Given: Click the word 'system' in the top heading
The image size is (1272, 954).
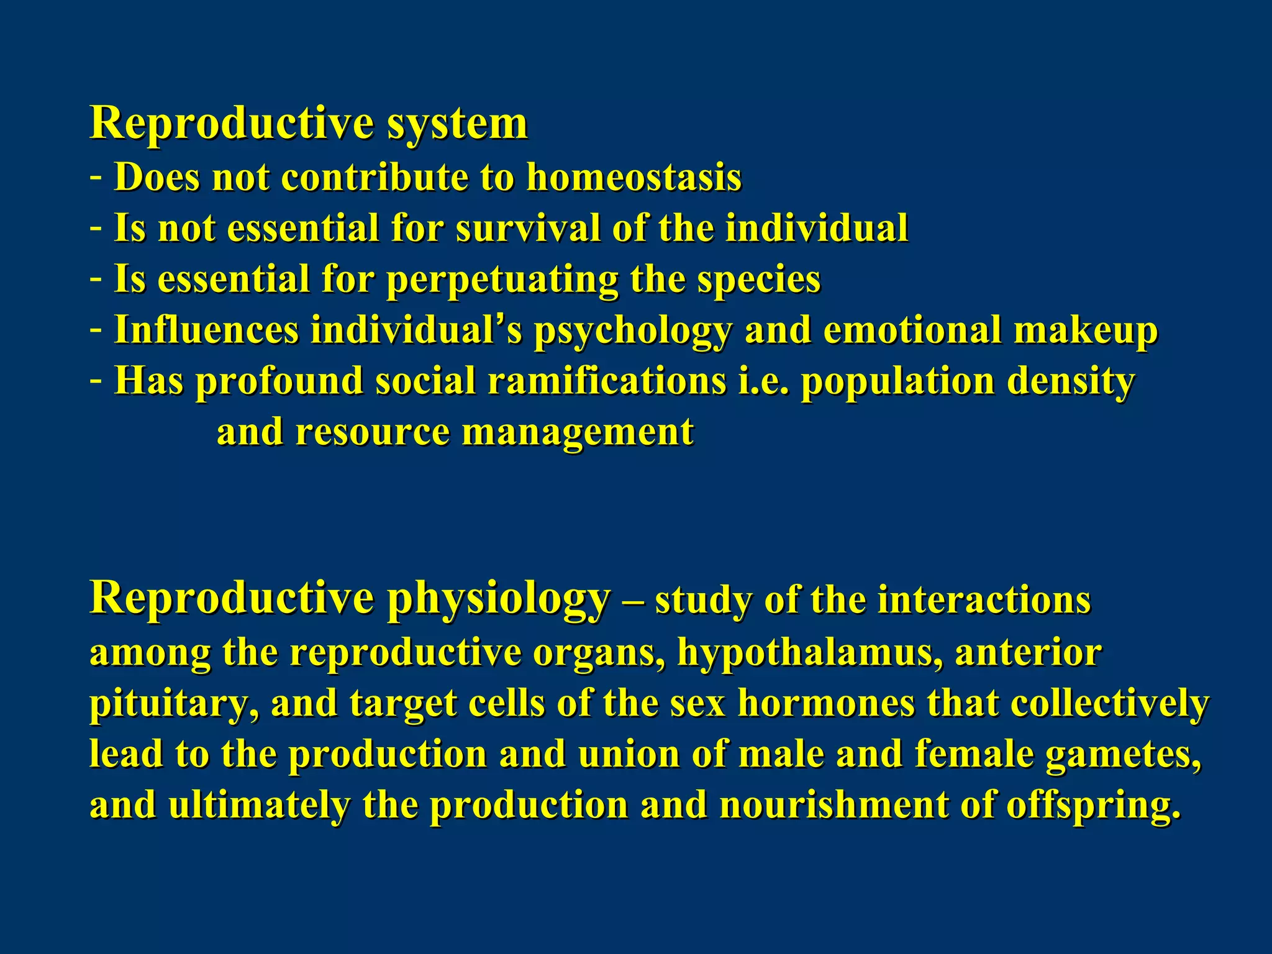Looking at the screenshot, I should pos(457,124).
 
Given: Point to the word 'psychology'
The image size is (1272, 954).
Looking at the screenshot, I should pos(632,331).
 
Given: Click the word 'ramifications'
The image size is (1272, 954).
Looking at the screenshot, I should pos(607,381).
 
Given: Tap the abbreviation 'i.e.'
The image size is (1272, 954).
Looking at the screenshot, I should pos(763,381).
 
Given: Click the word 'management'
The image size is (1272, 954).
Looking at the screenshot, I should pos(578,433).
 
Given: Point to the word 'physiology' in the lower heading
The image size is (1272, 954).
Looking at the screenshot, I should pos(499,599).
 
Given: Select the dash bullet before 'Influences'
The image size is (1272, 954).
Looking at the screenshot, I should pos(96,330).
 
